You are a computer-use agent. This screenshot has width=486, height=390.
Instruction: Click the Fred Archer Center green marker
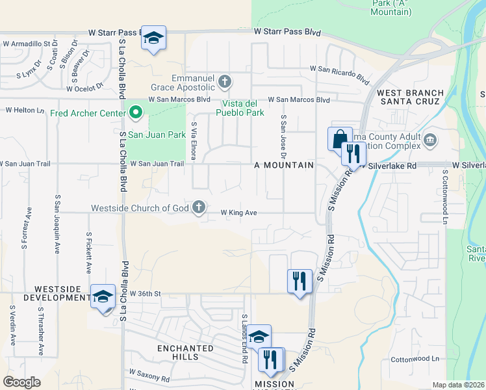pos(136,113)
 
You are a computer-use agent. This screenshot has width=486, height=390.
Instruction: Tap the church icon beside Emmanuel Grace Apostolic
pos(225,82)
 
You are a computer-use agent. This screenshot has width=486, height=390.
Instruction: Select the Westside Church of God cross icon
pos(199,207)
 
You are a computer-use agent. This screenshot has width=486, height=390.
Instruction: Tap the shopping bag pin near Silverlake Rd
pos(340,139)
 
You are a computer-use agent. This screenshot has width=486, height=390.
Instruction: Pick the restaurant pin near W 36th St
pos(300,281)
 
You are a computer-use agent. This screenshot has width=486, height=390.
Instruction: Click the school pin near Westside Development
pos(103,297)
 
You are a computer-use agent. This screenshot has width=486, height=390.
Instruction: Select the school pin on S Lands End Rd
pos(259,337)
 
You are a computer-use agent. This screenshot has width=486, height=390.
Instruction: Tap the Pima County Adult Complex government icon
pos(430,140)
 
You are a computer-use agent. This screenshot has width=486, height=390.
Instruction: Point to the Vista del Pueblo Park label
pos(244,108)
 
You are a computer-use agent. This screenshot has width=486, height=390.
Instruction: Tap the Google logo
pos(21,382)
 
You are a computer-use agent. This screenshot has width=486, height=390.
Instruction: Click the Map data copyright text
pos(457,385)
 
